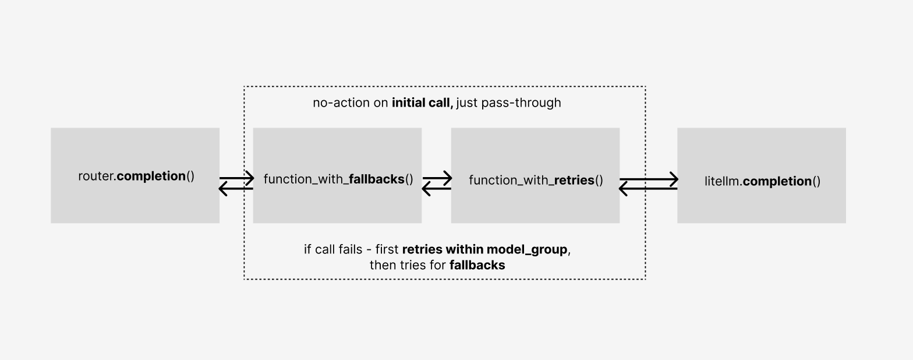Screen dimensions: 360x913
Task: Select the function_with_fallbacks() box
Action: click(x=337, y=204)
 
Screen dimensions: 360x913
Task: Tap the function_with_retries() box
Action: click(x=535, y=204)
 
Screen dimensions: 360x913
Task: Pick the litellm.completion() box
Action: click(x=761, y=204)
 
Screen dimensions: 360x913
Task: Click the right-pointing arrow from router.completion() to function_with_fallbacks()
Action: click(x=236, y=178)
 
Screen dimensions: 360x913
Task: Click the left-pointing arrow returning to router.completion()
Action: click(x=236, y=189)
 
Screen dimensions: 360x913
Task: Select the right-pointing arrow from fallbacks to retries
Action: click(x=437, y=178)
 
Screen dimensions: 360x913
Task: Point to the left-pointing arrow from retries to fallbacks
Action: click(x=436, y=189)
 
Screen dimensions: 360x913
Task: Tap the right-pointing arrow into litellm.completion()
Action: click(x=648, y=179)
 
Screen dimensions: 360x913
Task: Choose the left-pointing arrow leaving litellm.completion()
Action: click(x=648, y=189)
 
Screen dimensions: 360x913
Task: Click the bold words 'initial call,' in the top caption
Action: click(x=422, y=103)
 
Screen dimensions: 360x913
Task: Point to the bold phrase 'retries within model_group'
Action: click(x=484, y=250)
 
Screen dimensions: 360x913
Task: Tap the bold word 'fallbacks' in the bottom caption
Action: click(x=477, y=266)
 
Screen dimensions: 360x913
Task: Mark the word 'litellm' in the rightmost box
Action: click(x=722, y=181)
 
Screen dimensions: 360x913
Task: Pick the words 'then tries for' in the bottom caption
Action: click(x=408, y=266)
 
